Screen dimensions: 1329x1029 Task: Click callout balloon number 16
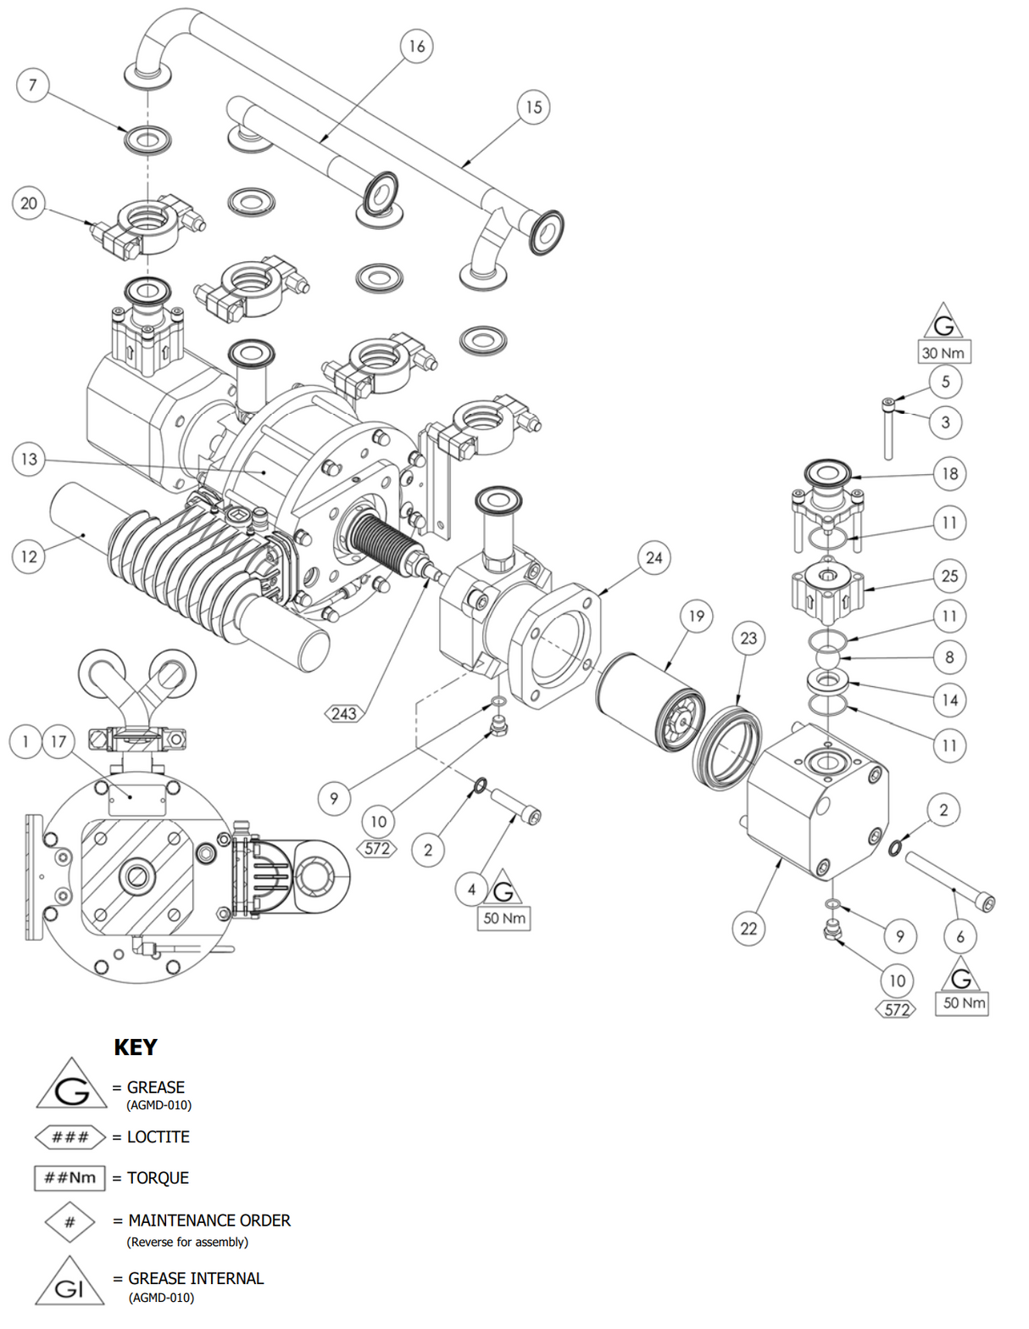point(416,46)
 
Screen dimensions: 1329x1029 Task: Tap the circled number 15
point(533,107)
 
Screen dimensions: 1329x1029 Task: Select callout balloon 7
point(33,85)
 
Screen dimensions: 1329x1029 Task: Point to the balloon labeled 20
point(29,204)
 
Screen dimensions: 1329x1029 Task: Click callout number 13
point(29,459)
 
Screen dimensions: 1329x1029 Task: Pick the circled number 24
point(654,557)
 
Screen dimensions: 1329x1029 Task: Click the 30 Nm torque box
point(943,353)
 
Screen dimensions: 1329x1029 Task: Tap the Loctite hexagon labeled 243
point(343,713)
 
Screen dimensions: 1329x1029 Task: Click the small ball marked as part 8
point(827,658)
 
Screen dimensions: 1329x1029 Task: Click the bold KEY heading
point(136,1047)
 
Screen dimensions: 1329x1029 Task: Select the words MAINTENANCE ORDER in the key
point(209,1220)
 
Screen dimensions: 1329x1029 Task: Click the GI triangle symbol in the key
point(70,1284)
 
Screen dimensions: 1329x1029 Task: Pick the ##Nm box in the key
point(70,1178)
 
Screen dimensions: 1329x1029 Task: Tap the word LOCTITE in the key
point(159,1137)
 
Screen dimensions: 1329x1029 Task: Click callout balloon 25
point(949,576)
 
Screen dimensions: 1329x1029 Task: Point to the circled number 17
point(58,742)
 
